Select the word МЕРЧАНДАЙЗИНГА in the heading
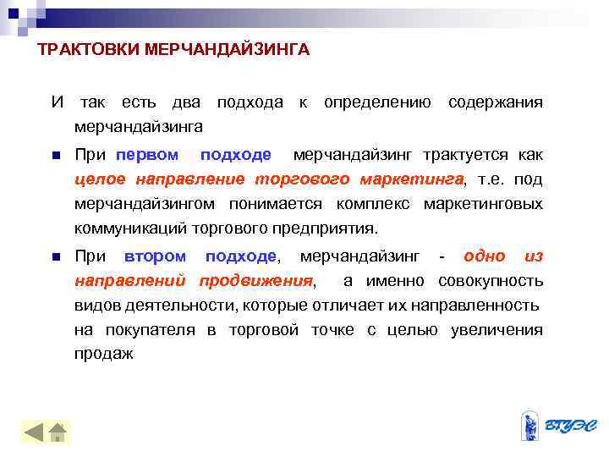click(x=228, y=51)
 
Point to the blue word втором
click(x=155, y=256)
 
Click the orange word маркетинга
click(x=412, y=179)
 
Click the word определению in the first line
click(x=378, y=103)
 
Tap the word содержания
click(x=496, y=103)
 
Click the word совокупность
click(x=491, y=281)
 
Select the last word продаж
click(x=104, y=355)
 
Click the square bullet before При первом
click(x=54, y=156)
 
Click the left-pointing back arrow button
click(x=34, y=432)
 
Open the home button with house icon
click(x=59, y=432)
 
